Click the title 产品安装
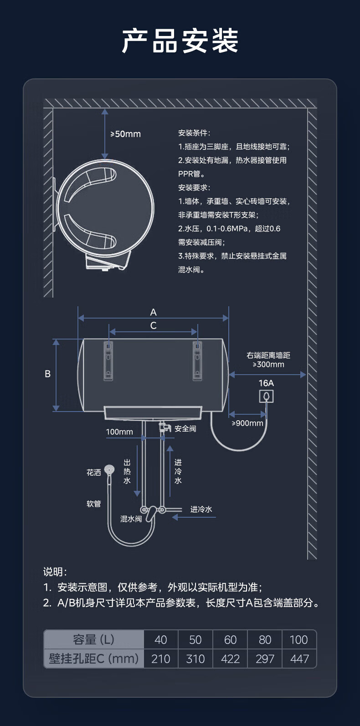180,41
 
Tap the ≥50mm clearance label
125,134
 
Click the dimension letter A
153,312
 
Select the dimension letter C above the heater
153,325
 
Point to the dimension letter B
48,374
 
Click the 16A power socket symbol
267,396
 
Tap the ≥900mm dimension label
247,423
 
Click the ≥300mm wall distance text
268,364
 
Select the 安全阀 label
185,429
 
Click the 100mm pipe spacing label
119,432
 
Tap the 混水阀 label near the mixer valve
131,519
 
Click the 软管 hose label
93,504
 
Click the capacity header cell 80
265,640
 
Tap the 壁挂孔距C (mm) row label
93,659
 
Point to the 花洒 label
93,473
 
